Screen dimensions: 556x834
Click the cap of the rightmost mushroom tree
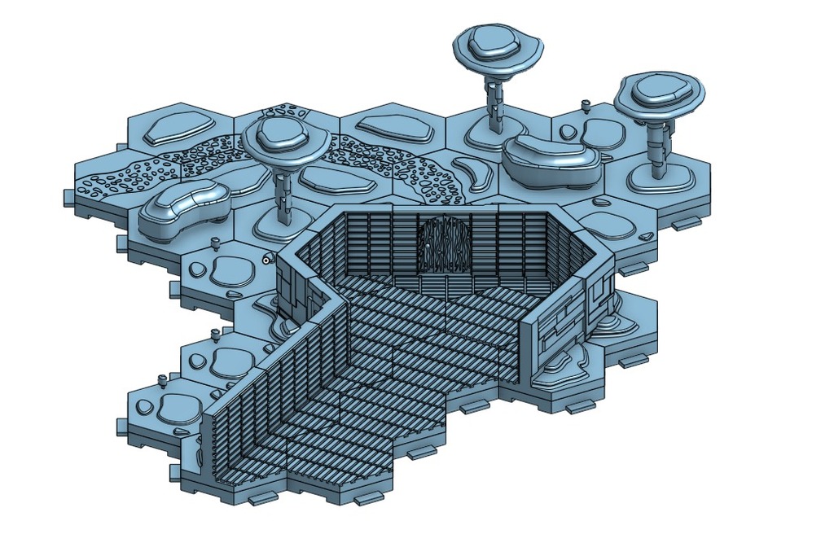coord(660,94)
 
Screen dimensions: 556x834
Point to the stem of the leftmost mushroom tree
coord(282,195)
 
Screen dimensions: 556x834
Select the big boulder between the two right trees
coord(552,159)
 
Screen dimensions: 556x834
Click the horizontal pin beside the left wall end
coord(267,259)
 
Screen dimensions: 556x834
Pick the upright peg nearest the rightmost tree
coord(586,104)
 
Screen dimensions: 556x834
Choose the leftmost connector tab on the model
coord(68,196)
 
